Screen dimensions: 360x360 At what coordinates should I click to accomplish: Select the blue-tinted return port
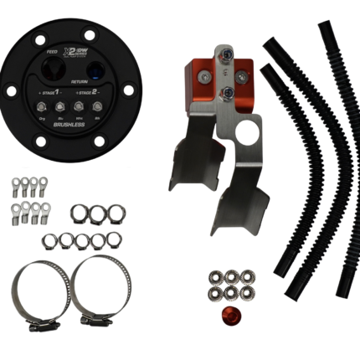pos(99,69)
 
